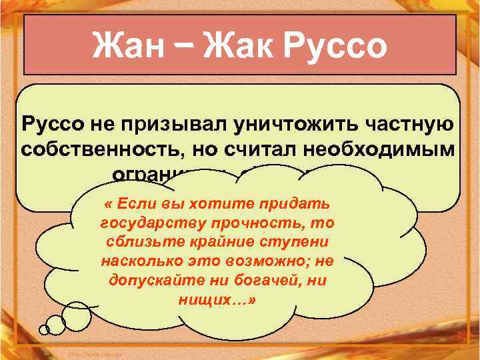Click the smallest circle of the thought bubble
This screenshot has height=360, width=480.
tap(44, 329)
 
